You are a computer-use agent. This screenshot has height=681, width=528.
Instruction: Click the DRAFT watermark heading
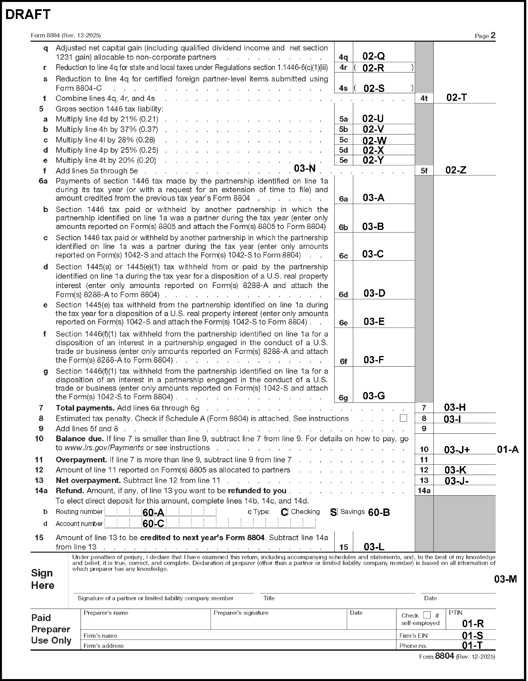coord(28,15)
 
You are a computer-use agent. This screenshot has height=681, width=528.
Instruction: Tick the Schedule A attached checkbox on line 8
coord(403,418)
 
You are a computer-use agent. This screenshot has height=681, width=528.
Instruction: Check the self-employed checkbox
coord(427,615)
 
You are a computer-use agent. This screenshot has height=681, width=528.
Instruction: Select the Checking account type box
coord(284,512)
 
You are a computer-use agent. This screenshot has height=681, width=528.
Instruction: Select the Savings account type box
coord(334,512)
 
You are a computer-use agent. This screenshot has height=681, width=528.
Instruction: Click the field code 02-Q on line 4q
coord(374,56)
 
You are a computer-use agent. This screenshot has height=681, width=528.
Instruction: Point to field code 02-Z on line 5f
coord(456,170)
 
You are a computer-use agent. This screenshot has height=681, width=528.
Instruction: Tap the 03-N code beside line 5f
coord(305,169)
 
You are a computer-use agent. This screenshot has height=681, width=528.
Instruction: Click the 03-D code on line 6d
coord(374,293)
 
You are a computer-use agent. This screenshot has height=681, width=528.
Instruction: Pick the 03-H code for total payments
coord(455,407)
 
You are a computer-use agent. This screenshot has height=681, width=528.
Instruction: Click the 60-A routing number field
coord(153,512)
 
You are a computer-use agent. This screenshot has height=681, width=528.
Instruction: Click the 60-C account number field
coord(153,523)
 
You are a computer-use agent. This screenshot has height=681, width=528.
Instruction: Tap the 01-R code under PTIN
coord(473,624)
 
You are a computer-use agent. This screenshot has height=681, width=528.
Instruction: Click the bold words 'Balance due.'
coord(80,439)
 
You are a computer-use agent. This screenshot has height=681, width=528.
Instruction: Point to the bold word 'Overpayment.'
coord(82,459)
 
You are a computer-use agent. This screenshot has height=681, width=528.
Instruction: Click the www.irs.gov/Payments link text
coord(104,448)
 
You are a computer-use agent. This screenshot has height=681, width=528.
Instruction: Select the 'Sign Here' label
coord(43,579)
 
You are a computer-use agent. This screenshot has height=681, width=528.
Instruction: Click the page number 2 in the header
coord(493,35)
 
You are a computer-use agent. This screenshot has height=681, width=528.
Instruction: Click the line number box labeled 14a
coord(424,491)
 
